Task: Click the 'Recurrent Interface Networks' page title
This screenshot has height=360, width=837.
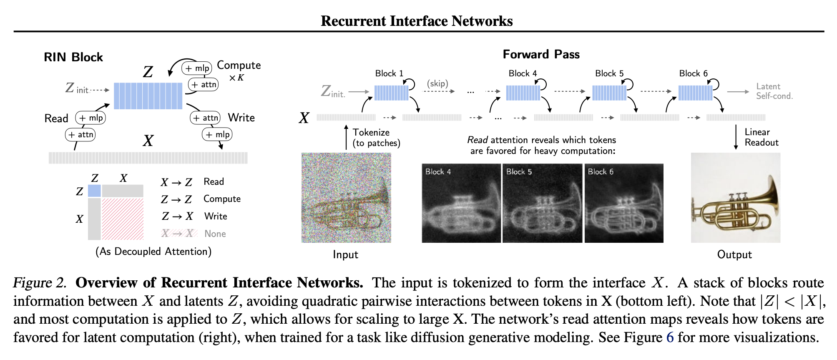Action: click(417, 21)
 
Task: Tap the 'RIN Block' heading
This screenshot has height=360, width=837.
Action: click(73, 57)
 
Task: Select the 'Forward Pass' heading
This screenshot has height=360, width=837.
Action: click(541, 54)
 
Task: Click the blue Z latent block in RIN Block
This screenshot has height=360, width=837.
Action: click(148, 96)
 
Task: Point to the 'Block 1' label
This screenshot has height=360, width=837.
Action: click(389, 73)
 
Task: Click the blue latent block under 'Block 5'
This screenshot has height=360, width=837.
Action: click(609, 93)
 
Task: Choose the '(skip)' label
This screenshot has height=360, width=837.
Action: click(437, 83)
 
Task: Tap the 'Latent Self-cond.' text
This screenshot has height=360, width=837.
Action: click(774, 91)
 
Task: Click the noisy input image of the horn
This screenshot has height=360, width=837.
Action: click(346, 198)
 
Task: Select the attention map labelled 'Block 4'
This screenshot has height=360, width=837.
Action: click(461, 203)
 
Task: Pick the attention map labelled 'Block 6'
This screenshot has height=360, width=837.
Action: click(624, 203)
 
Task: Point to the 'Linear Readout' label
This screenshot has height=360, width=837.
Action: click(762, 137)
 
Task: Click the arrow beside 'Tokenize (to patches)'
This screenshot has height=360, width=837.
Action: click(346, 137)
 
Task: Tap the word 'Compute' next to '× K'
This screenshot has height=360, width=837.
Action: click(239, 65)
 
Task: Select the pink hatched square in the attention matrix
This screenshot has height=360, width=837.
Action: click(123, 219)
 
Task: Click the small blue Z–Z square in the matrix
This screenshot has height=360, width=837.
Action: click(94, 191)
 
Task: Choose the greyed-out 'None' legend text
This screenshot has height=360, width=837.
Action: click(215, 234)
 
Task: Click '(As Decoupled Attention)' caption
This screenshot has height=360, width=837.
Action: click(153, 252)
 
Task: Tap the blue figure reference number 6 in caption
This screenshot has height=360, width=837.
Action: click(670, 337)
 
